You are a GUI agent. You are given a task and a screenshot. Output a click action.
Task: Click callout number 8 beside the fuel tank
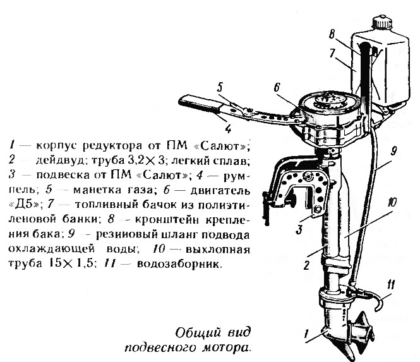click(332, 33)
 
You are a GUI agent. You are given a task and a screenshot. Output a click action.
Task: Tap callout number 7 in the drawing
click(332, 53)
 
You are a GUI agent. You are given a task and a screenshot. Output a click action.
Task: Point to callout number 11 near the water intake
click(391, 285)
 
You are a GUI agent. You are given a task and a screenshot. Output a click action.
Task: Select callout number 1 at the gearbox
click(307, 334)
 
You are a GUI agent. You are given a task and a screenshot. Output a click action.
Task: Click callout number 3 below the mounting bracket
click(299, 229)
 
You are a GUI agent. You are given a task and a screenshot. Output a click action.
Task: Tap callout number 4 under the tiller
click(228, 129)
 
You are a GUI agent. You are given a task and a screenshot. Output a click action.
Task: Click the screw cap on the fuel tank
click(383, 22)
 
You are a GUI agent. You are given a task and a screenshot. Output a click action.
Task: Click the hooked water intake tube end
click(378, 303)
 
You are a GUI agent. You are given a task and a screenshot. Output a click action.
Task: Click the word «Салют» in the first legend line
click(222, 146)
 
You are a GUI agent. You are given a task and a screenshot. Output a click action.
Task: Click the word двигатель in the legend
click(220, 191)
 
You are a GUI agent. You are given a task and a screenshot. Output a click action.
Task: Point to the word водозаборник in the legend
click(179, 264)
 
